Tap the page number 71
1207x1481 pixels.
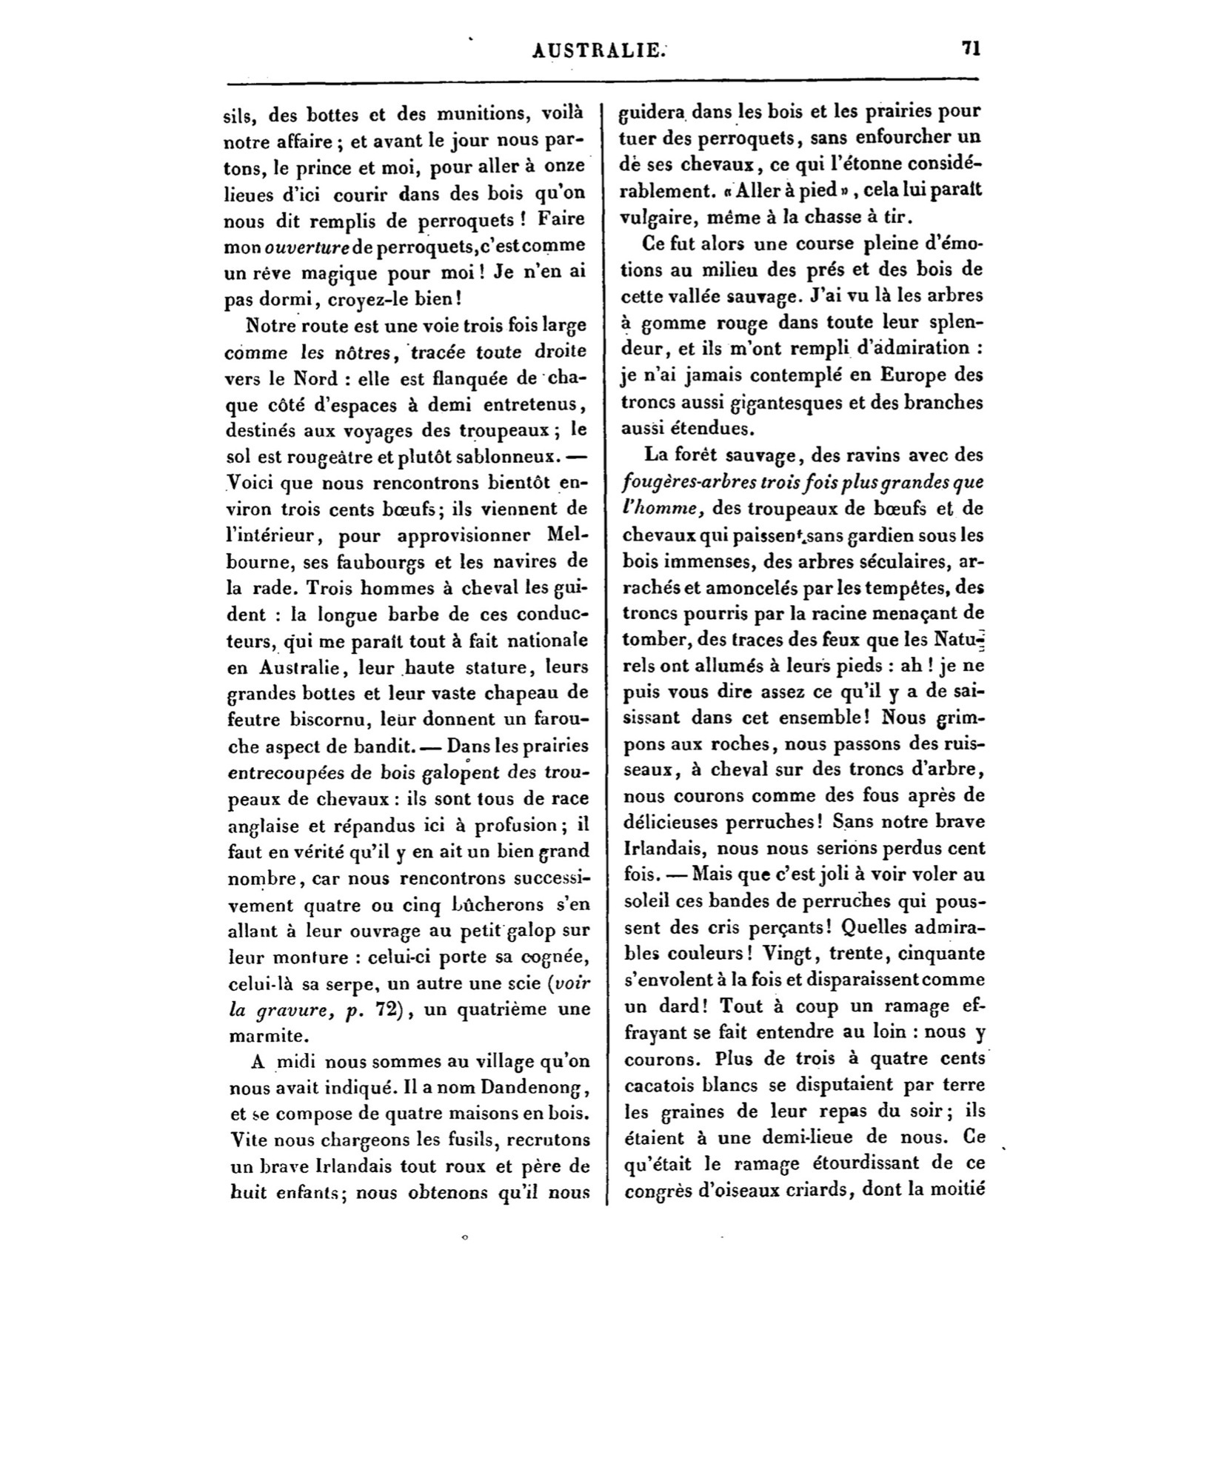tap(970, 48)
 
